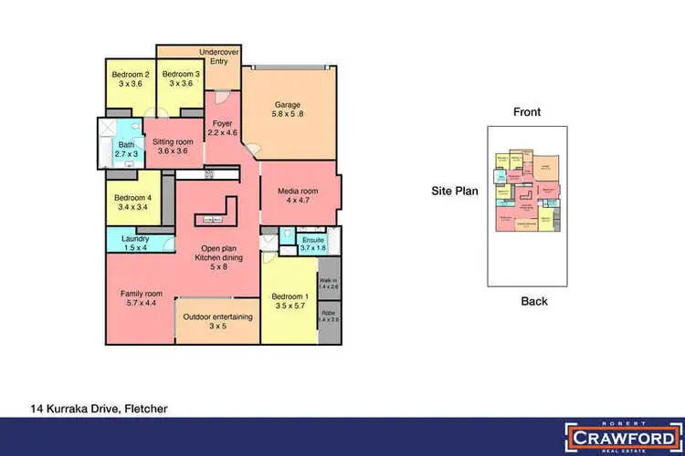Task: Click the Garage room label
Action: (x=290, y=109)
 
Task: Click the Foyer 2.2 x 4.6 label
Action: (x=222, y=128)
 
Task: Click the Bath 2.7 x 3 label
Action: (x=125, y=150)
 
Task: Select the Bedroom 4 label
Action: (x=133, y=202)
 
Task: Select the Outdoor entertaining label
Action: (x=216, y=321)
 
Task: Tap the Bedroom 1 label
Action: (x=290, y=302)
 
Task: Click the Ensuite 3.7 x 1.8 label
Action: (x=313, y=244)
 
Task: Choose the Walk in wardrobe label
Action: (x=328, y=283)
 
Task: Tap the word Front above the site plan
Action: (x=527, y=112)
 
